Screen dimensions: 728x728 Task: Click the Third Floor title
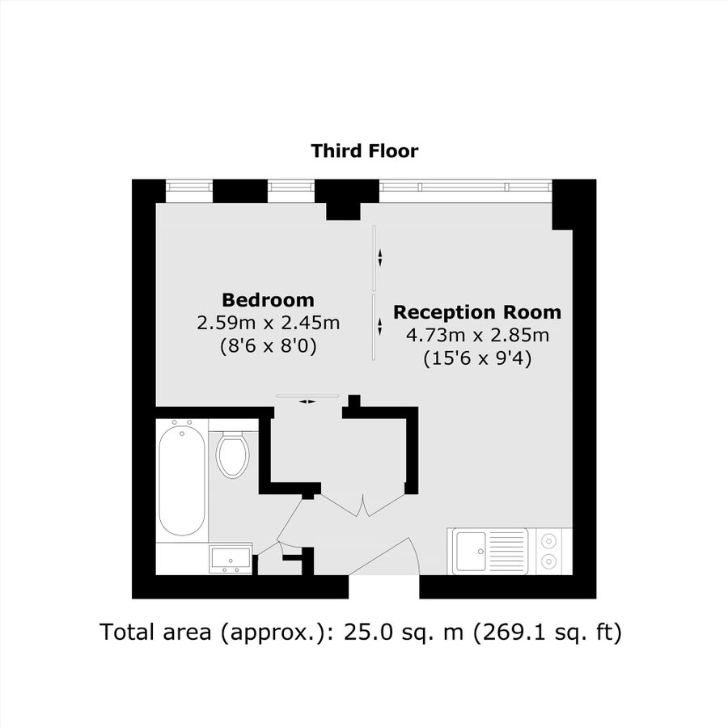364,150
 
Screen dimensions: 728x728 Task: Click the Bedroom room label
268,299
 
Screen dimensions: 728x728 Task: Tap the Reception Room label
477,312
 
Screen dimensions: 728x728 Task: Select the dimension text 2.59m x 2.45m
268,324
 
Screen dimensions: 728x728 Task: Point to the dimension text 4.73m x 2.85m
477,336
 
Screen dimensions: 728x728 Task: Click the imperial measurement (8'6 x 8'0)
268,346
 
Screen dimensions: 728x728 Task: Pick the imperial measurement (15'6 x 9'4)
477,359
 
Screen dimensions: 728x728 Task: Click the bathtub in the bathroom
182,479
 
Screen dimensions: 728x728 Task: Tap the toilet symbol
232,455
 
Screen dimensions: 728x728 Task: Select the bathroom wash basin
230,558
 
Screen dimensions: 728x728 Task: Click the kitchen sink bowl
471,552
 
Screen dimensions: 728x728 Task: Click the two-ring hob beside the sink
550,550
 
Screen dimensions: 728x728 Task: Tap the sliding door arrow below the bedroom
307,400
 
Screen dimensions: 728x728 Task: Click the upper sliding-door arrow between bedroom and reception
380,257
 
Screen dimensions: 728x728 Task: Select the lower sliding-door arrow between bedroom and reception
380,327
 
